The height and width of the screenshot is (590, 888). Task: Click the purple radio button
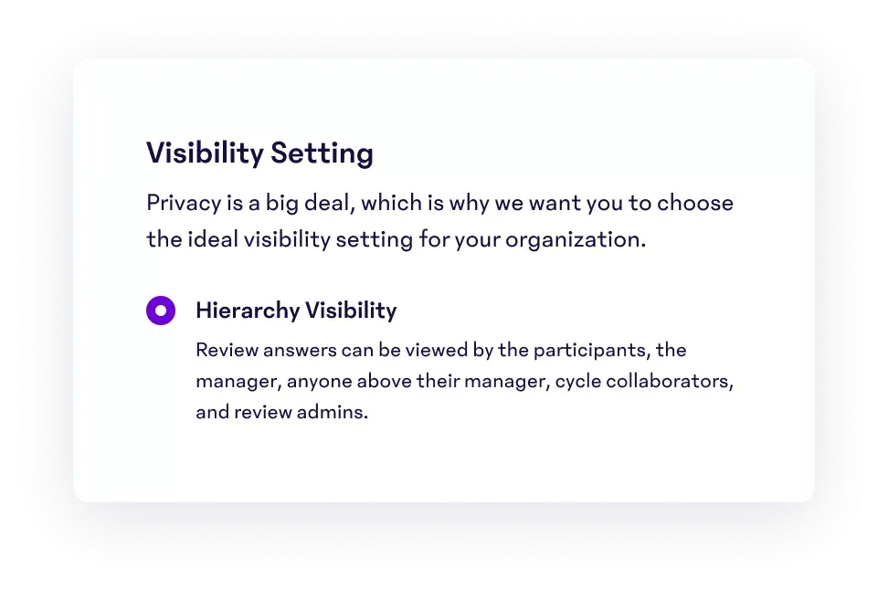coord(161,311)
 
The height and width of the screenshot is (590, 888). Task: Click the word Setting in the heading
coord(322,153)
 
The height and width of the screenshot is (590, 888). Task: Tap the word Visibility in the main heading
coord(205,153)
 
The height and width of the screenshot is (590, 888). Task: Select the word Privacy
coord(184,204)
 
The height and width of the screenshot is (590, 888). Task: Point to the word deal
coord(330,203)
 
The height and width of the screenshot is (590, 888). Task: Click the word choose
coord(695,203)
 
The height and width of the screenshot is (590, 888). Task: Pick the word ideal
coord(213,239)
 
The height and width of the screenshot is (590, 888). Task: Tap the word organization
coord(576,240)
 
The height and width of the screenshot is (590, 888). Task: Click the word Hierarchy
coord(248,311)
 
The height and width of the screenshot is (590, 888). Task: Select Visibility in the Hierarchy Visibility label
coord(351,311)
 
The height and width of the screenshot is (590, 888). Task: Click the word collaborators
coord(670,381)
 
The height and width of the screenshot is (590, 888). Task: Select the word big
coord(282,204)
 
